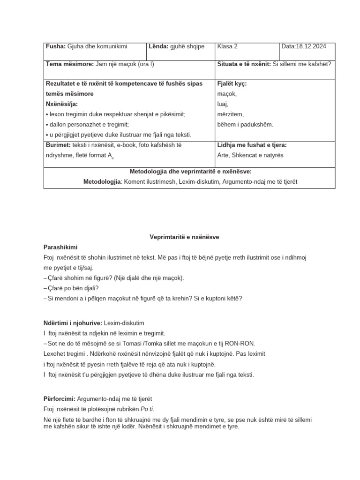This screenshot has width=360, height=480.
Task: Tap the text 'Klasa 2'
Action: coord(227,46)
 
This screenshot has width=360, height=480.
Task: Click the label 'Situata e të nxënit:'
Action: coord(244,64)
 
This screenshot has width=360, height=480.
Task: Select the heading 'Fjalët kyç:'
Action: coord(232,83)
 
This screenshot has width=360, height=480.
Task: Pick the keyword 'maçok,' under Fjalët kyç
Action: coord(227,94)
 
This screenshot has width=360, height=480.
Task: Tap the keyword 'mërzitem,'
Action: coord(231,114)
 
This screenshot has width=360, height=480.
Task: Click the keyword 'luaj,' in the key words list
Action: coord(223,104)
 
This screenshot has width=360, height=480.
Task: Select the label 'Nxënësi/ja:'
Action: coord(62,104)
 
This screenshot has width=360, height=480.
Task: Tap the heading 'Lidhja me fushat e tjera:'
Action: coord(252,145)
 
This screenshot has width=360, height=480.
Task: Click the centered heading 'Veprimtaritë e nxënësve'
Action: coord(181,237)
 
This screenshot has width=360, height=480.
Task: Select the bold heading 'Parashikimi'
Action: coord(60,247)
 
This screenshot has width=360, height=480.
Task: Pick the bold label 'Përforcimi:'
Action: coord(60,398)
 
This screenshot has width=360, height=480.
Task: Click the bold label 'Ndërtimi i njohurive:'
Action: coord(73,323)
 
